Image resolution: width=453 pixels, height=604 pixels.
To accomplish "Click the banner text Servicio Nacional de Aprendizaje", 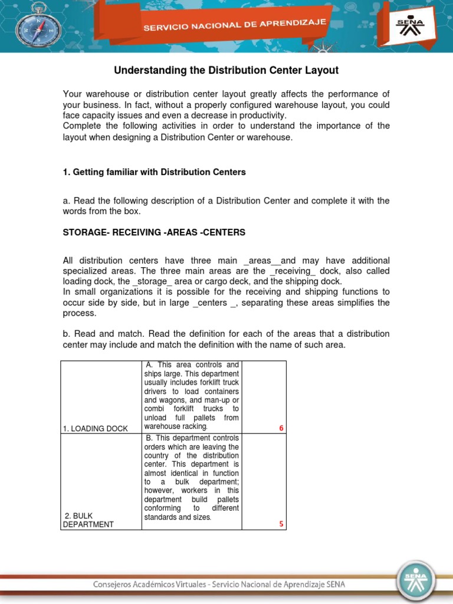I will [x=236, y=26].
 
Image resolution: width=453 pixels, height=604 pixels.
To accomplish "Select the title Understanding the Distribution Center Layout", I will [x=226, y=71].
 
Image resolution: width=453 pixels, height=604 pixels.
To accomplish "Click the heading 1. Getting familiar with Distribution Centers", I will [x=154, y=172].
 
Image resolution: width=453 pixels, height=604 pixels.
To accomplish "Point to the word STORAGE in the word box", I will [x=83, y=232].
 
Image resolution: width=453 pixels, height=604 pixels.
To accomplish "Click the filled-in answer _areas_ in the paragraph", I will [x=261, y=261].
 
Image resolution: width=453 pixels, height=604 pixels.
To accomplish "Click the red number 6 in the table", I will [x=281, y=428].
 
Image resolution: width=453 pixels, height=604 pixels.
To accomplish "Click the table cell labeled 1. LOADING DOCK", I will [x=95, y=428].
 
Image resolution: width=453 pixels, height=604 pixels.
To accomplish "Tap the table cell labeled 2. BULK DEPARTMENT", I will [x=88, y=520].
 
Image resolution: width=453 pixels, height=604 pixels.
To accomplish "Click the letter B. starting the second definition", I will [x=149, y=438].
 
